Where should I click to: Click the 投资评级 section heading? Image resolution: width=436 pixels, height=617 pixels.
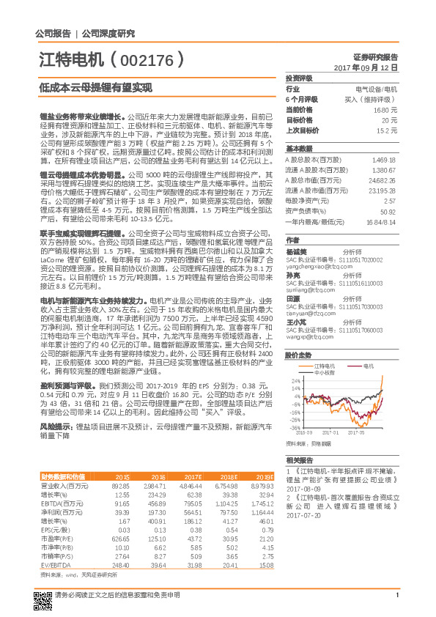tap(299, 78)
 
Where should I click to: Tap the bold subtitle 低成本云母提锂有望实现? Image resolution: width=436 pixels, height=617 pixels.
tap(95, 87)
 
